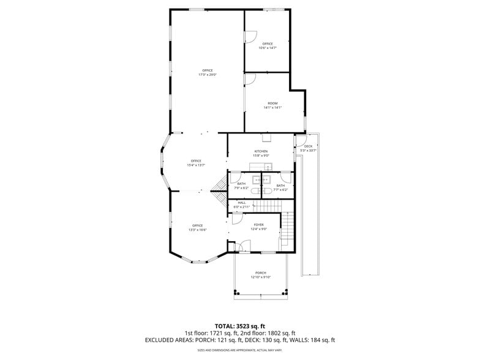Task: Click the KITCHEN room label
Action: (261, 151)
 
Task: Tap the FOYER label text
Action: (259, 225)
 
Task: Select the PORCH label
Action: (261, 273)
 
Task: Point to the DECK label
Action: (308, 146)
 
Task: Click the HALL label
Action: (242, 203)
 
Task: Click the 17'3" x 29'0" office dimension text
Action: (208, 75)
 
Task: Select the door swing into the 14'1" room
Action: (250, 78)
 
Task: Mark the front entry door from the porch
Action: (244, 247)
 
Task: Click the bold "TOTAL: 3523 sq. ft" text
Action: (239, 326)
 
